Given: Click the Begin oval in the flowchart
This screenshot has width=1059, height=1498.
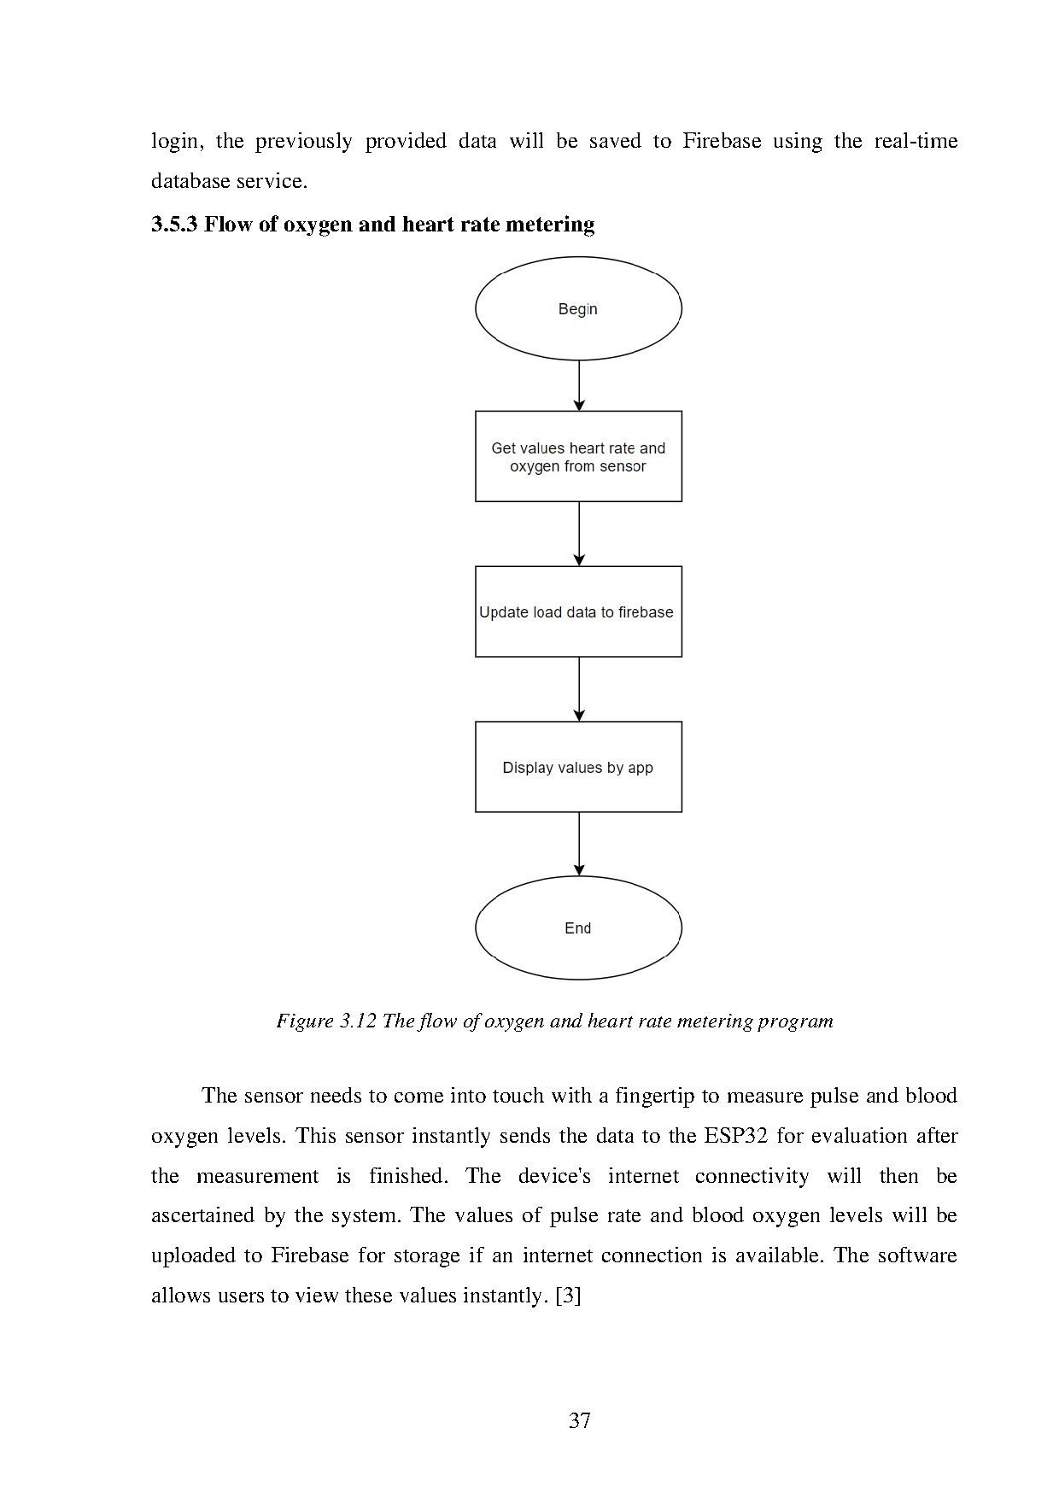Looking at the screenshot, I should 578,308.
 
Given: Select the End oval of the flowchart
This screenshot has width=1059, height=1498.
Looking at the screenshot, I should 578,927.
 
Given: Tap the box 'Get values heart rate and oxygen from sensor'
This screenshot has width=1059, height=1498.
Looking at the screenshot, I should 578,456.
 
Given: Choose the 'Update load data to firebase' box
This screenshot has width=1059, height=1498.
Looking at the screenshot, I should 578,611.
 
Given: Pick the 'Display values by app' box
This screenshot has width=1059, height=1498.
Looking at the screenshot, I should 578,767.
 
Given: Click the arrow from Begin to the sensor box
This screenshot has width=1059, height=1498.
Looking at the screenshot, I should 579,385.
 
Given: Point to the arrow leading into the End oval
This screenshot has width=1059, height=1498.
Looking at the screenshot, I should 579,844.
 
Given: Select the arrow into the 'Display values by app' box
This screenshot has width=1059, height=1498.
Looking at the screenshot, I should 579,688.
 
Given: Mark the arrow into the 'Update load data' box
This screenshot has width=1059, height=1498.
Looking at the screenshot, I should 579,533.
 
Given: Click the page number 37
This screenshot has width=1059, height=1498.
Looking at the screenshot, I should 580,1420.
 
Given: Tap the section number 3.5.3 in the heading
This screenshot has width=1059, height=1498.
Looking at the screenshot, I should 174,225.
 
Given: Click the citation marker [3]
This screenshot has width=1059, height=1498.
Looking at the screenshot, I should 568,1296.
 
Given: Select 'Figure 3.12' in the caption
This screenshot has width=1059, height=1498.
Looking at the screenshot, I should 325,1021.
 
